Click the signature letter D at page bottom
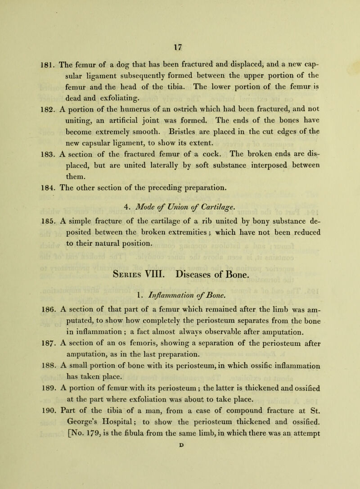(x=180, y=483)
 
